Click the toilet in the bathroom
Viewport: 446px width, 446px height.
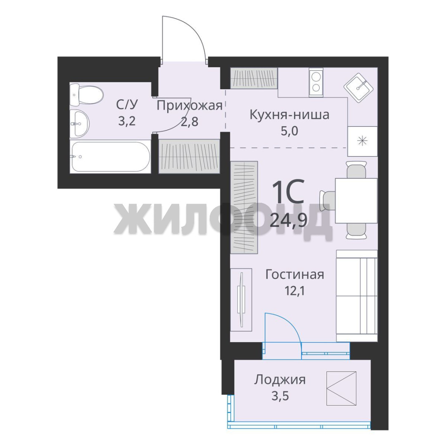pyautogui.click(x=86, y=95)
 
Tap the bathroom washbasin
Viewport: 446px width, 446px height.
pyautogui.click(x=80, y=123)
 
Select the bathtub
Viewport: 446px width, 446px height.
pyautogui.click(x=110, y=157)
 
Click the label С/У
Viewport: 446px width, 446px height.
pyautogui.click(x=127, y=104)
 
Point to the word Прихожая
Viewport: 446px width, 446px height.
pyautogui.click(x=190, y=106)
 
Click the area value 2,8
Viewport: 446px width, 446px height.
pyautogui.click(x=190, y=122)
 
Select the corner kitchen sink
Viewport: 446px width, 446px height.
pyautogui.click(x=358, y=88)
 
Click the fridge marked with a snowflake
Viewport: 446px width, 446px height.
pyautogui.click(x=363, y=141)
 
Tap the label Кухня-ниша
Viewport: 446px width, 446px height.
pyautogui.click(x=289, y=115)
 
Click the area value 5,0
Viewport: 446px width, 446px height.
pyautogui.click(x=289, y=131)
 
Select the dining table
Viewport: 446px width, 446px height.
pyautogui.click(x=356, y=201)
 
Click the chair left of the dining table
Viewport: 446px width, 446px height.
pyautogui.click(x=327, y=201)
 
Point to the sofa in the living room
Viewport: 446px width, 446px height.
pyautogui.click(x=357, y=296)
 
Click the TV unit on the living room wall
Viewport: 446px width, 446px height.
pyautogui.click(x=241, y=300)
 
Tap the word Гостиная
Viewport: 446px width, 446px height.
pyautogui.click(x=295, y=275)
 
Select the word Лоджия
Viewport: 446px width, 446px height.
pyautogui.click(x=280, y=380)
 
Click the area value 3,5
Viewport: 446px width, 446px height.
pyautogui.click(x=280, y=396)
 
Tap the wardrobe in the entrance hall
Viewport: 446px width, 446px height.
pyautogui.click(x=189, y=156)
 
